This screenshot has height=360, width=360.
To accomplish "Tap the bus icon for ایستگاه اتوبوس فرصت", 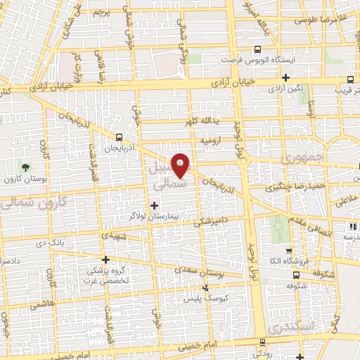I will [x=257, y=50].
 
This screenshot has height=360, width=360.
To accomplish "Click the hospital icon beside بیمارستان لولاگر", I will [x=155, y=205].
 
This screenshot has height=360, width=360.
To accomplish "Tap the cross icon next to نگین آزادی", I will [x=285, y=78].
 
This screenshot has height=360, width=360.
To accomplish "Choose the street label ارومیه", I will [x=211, y=141].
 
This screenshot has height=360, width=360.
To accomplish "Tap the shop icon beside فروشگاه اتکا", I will [x=288, y=250].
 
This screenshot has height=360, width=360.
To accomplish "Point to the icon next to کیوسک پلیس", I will [x=205, y=288].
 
